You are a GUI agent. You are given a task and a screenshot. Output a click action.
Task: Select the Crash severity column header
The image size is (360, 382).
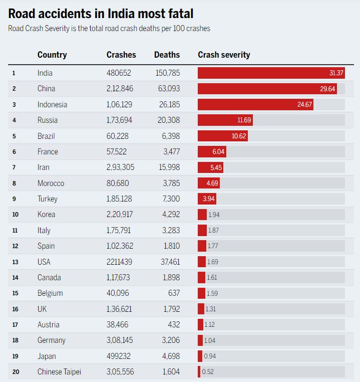click(x=224, y=55)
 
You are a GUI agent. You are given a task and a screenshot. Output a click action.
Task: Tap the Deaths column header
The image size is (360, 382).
click(x=167, y=55)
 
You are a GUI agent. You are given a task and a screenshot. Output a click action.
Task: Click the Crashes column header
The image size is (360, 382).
click(x=121, y=55)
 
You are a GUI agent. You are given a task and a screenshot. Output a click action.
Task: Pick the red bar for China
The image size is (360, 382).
click(x=267, y=89)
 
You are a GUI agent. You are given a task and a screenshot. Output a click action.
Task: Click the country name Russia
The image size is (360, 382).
click(x=48, y=120)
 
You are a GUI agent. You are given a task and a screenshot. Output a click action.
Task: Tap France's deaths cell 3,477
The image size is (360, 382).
click(x=171, y=152)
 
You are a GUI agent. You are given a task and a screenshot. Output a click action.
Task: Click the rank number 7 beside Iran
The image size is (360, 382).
click(x=14, y=167)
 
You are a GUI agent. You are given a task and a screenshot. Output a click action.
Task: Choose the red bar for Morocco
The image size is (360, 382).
click(x=208, y=183)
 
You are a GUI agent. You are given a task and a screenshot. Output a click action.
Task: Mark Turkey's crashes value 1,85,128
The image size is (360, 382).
click(x=121, y=199)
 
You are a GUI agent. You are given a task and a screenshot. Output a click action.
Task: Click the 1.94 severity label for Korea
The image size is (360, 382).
click(x=214, y=215)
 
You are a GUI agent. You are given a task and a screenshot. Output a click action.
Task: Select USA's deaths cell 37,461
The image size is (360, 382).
click(x=168, y=262)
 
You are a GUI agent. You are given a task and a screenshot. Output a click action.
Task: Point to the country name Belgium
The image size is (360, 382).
click(x=50, y=293)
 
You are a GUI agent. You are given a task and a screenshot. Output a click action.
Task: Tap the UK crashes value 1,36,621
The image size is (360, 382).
click(x=121, y=309)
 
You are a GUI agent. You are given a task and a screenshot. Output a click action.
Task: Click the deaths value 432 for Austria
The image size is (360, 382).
click(x=173, y=325)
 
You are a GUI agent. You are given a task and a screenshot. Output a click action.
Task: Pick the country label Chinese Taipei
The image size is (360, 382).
click(x=59, y=372)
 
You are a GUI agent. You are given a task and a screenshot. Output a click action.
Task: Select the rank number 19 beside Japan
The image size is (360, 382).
click(x=15, y=356)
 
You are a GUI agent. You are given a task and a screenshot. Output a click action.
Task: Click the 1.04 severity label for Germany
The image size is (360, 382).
click(x=209, y=340)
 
